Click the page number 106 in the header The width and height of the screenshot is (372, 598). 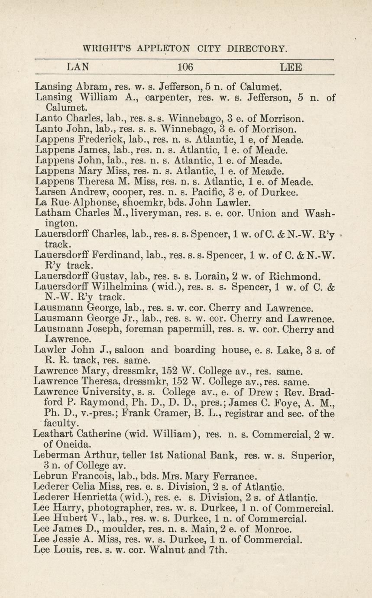coord(185,67)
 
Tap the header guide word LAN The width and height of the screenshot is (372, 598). coord(78,67)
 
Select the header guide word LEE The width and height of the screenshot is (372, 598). coord(291,67)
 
